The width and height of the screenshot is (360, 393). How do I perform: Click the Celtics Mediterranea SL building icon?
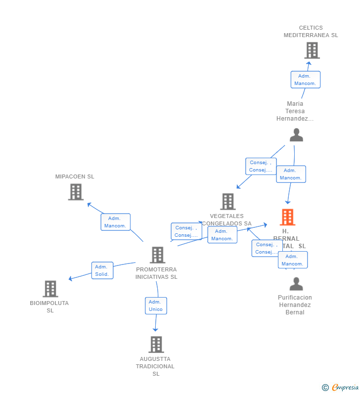pos(312,50)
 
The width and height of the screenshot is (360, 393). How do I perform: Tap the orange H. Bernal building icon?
pos(287,217)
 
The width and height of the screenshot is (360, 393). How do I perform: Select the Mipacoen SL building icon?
pos(76,192)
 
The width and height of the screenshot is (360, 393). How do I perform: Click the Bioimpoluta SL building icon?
pos(50,289)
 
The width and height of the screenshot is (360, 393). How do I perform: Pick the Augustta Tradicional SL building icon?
pos(156,345)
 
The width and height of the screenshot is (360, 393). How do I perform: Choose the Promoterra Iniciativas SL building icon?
pos(157,255)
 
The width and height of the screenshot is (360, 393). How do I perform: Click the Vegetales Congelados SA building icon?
pos(227,202)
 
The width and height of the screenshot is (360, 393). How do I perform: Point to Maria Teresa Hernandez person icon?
pos(296,135)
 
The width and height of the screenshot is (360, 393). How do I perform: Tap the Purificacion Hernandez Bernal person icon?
pos(296,284)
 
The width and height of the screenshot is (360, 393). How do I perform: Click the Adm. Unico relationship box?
pos(156,306)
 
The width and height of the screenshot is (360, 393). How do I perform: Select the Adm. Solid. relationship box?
pos(102,270)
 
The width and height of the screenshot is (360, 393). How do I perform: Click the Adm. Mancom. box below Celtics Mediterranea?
pos(305,80)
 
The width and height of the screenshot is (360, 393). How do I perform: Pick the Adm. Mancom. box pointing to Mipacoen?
pos(115,222)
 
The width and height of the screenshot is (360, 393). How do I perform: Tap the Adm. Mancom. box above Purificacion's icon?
pos(292,260)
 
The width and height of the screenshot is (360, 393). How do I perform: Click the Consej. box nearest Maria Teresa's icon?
pos(261,166)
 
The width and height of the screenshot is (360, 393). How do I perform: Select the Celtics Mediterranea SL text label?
pos(311,32)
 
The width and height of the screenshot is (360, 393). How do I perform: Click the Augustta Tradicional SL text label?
pos(155,366)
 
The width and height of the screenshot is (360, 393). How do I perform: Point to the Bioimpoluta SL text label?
pos(49,306)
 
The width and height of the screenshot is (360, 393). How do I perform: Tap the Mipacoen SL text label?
pos(75,176)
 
